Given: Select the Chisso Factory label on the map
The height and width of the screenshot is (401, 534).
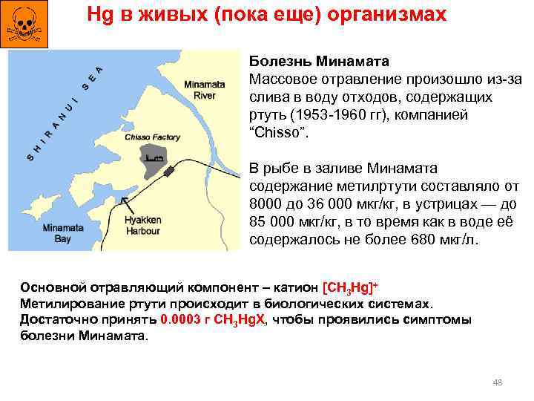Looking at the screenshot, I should click(x=153, y=137).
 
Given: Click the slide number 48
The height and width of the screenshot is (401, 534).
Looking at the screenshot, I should click(x=498, y=382).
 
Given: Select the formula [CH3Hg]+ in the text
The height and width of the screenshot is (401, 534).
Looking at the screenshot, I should click(x=351, y=288).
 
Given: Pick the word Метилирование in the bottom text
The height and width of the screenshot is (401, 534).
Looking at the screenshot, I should click(x=67, y=304).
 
